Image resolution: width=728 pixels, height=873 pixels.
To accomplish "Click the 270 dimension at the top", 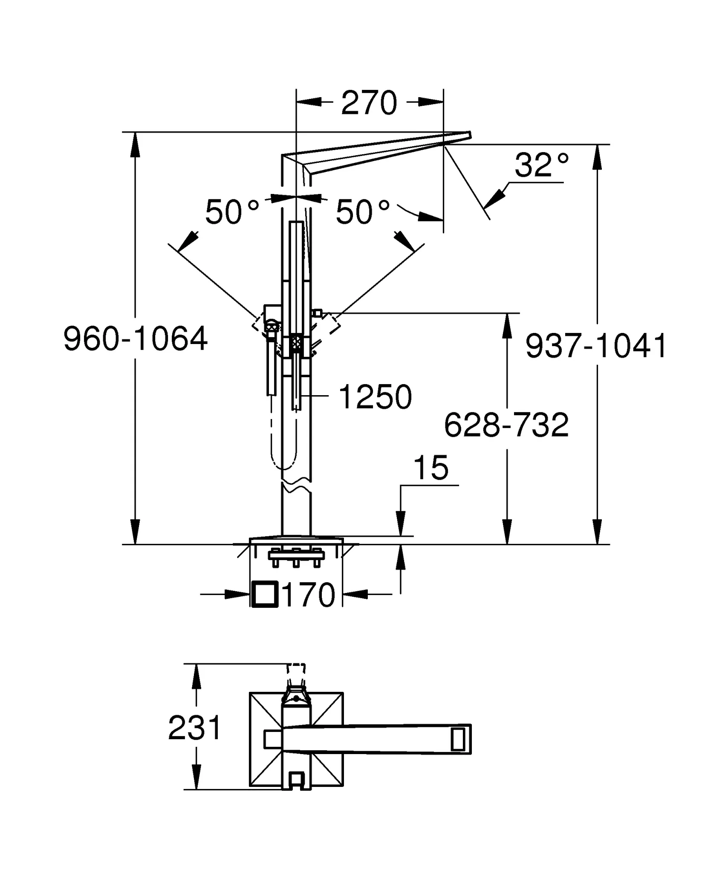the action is pyautogui.click(x=369, y=103).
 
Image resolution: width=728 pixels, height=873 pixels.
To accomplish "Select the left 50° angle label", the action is pyautogui.click(x=232, y=212).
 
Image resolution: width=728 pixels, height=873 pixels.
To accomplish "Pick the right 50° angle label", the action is pyautogui.click(x=363, y=212).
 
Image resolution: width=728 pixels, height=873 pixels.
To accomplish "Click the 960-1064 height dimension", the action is pyautogui.click(x=136, y=338).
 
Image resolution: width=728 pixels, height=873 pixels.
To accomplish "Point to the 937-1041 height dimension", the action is pyautogui.click(x=596, y=346).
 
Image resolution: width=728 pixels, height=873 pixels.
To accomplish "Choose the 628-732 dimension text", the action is pyautogui.click(x=506, y=425).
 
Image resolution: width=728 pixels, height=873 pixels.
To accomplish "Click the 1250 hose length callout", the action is pyautogui.click(x=375, y=397).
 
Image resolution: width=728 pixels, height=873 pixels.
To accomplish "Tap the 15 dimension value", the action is pyautogui.click(x=431, y=468).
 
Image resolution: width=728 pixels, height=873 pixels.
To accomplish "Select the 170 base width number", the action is pyautogui.click(x=309, y=595).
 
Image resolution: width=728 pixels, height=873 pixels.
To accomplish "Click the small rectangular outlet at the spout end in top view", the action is pyautogui.click(x=457, y=739).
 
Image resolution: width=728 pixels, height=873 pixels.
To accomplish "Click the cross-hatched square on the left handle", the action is pyautogui.click(x=272, y=327).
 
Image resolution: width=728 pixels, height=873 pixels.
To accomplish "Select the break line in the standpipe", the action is pyautogui.click(x=297, y=487).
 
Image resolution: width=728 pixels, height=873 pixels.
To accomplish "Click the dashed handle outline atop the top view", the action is pyautogui.click(x=297, y=675).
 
